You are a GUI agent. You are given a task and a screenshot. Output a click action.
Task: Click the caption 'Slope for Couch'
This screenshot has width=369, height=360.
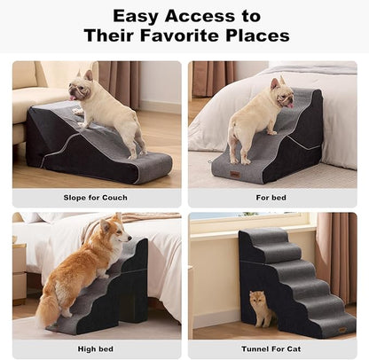pos(96,198)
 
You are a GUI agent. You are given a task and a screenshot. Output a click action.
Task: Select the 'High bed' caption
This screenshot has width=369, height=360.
pos(96,349)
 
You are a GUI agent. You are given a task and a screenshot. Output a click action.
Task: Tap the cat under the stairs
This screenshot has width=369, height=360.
pos(260,307)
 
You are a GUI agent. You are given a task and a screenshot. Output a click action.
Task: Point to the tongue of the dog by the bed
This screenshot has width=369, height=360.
pos(287,101)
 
